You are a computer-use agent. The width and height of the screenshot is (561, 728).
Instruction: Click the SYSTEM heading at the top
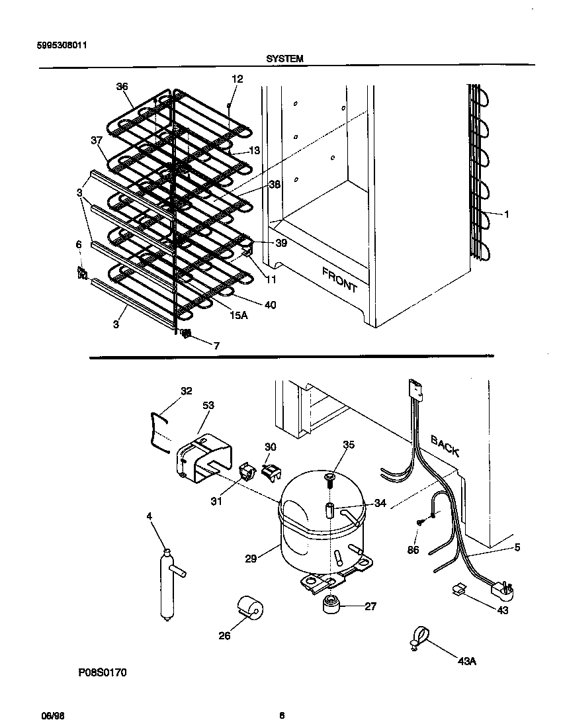[x=284, y=59]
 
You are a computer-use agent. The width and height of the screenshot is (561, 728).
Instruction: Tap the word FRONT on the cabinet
[x=339, y=279]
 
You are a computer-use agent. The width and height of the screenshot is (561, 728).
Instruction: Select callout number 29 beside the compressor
[x=251, y=559]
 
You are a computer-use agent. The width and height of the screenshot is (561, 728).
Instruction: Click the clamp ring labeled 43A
[x=417, y=637]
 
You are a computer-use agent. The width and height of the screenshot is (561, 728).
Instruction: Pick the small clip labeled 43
[x=457, y=588]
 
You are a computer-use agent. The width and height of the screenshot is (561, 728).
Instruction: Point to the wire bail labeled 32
[x=157, y=430]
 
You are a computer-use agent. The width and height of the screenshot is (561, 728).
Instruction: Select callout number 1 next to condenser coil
[x=506, y=214]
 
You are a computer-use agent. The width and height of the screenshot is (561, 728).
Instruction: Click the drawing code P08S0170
[x=103, y=672]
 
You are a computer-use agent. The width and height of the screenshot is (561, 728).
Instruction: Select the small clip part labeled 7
[x=186, y=334]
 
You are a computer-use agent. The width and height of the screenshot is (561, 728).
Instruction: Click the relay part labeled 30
[x=270, y=471]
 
